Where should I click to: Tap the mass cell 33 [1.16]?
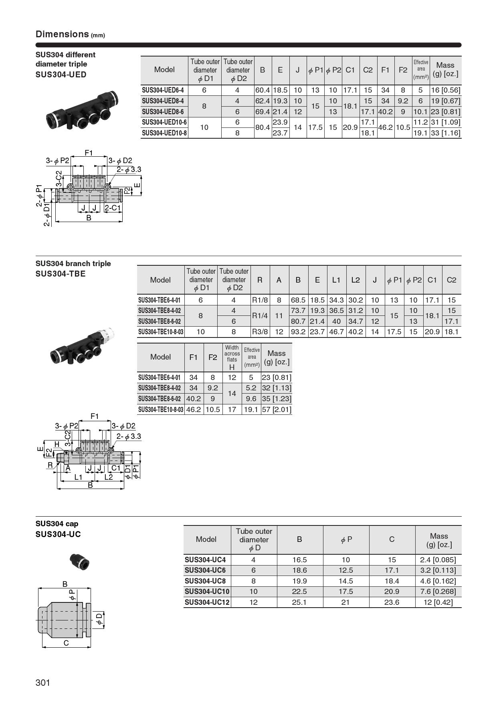pos(445,133)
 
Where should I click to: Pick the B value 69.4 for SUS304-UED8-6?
pos(263,112)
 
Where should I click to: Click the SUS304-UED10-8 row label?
pos(164,133)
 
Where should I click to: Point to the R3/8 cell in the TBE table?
pos(260,332)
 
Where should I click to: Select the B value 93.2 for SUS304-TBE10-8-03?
pos(298,332)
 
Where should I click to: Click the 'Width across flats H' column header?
pos(232,357)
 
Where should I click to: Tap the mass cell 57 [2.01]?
pos(276,410)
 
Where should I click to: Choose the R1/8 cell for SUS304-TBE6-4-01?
pos(260,300)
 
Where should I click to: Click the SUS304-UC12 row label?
pos(207,602)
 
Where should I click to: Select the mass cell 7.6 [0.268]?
pos(438,592)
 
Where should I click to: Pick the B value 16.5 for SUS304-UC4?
pos(299,560)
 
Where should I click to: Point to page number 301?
pos(43,683)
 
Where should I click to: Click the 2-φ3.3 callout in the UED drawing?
pos(129,170)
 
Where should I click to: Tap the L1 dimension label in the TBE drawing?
pos(79,477)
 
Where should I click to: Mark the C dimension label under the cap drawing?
pos(66,643)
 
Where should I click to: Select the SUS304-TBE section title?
pos(61,274)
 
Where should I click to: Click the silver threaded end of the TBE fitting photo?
pos(109,333)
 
